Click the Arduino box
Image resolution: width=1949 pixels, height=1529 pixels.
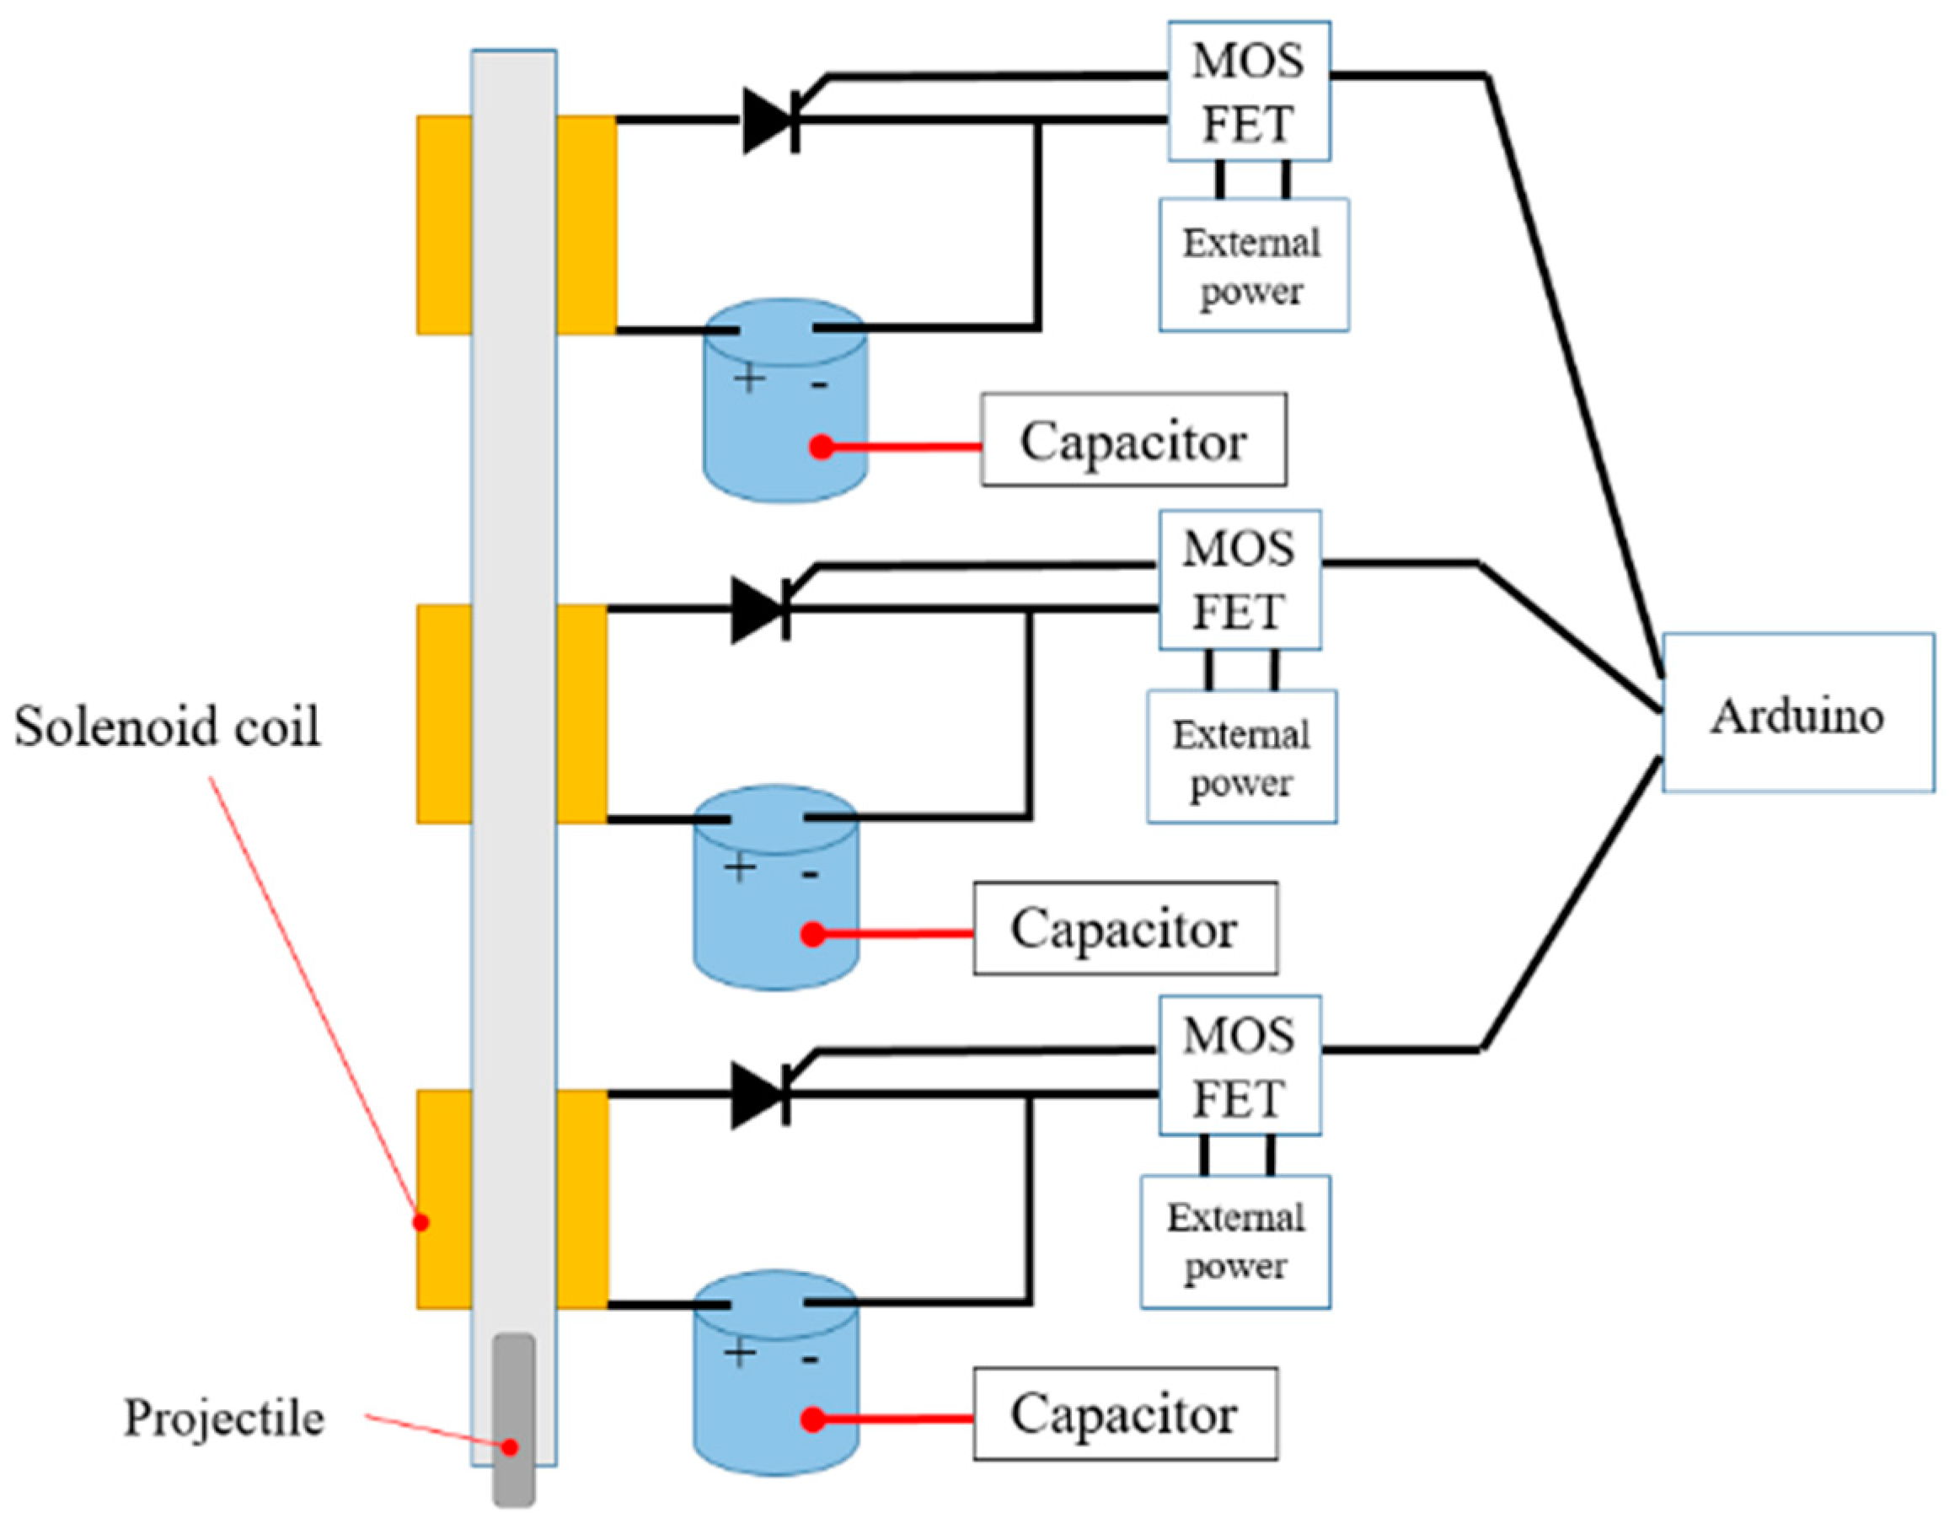[x=1796, y=712]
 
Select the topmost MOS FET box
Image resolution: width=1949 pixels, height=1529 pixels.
[x=1248, y=91]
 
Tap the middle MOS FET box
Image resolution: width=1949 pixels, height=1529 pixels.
[x=1240, y=579]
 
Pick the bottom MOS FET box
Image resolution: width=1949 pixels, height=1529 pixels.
[x=1240, y=1065]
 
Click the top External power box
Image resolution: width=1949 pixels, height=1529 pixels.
[x=1253, y=265]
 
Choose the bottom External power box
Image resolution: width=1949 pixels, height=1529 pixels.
[x=1235, y=1242]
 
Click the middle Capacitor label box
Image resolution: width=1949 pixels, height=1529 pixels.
[x=1125, y=928]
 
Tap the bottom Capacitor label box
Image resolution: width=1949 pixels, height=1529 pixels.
[x=1125, y=1414]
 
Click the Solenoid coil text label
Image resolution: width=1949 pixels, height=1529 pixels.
[x=168, y=725]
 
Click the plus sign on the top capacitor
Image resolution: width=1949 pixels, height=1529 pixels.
[x=749, y=378]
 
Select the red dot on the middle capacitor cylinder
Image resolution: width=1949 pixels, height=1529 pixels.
[x=812, y=935]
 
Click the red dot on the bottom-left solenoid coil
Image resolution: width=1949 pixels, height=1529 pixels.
[x=420, y=1222]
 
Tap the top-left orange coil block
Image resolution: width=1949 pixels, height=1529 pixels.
[x=444, y=225]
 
